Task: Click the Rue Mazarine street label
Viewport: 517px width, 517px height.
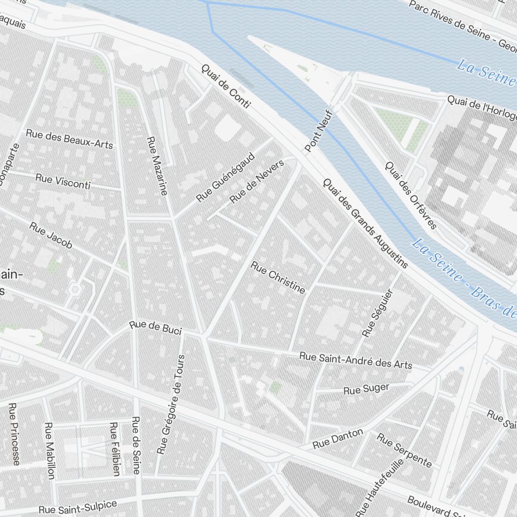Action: pyautogui.click(x=157, y=166)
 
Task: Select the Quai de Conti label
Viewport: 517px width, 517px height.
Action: pyautogui.click(x=225, y=86)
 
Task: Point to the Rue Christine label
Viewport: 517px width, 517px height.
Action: pyautogui.click(x=278, y=278)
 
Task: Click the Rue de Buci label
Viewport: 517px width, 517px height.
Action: pyautogui.click(x=156, y=327)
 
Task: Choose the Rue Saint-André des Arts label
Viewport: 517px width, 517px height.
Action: pyautogui.click(x=356, y=360)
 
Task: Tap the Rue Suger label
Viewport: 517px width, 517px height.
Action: pyautogui.click(x=366, y=389)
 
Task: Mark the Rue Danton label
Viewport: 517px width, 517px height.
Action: pyautogui.click(x=338, y=439)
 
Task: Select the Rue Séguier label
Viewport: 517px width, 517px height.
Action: pyautogui.click(x=378, y=313)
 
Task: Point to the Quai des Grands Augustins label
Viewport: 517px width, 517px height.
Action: pyautogui.click(x=365, y=223)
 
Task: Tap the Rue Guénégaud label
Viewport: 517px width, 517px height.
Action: pyautogui.click(x=226, y=177)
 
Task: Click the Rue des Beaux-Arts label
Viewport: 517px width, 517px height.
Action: pyautogui.click(x=69, y=139)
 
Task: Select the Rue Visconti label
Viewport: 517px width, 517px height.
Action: pyautogui.click(x=63, y=181)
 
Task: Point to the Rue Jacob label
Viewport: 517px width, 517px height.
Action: pyautogui.click(x=51, y=235)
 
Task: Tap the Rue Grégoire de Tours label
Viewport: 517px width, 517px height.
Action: pyautogui.click(x=171, y=404)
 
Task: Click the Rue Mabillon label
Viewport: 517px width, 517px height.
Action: pyautogui.click(x=50, y=450)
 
